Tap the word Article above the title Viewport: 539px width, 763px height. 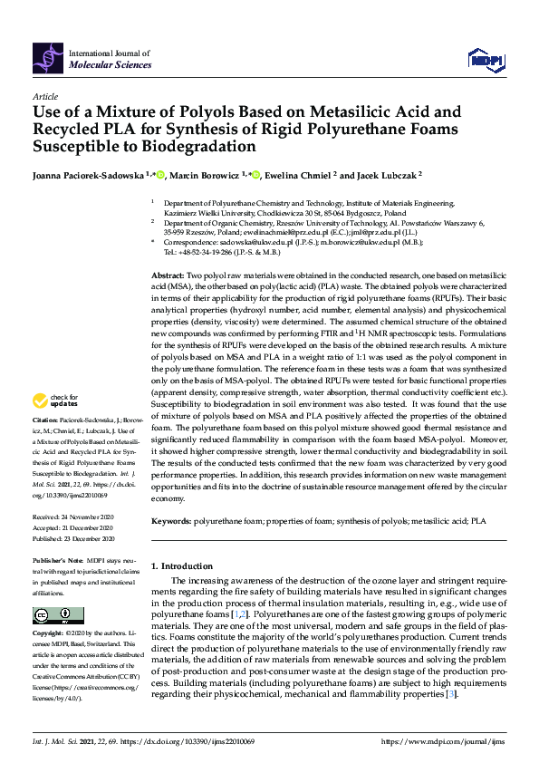pyautogui.click(x=44, y=96)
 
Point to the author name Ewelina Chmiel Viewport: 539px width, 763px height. pyautogui.click(x=299, y=176)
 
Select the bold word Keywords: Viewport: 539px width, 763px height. pyautogui.click(x=171, y=522)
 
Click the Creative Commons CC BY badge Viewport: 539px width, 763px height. pyautogui.click(x=53, y=615)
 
